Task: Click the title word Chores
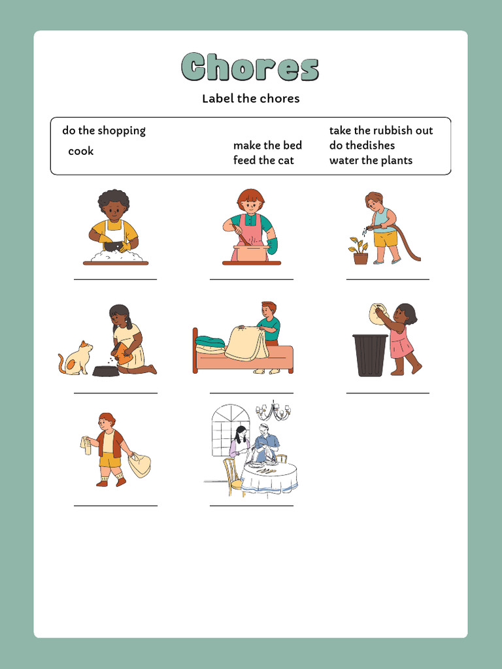coord(250,67)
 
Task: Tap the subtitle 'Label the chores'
coord(250,99)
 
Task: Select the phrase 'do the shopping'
coord(104,131)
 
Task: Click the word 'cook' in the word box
coord(81,151)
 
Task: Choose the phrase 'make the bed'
coord(267,145)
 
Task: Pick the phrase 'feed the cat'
coord(263,160)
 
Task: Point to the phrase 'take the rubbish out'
coord(381,131)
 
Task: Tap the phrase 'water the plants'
coord(371,160)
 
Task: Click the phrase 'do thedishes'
coord(362,145)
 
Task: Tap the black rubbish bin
coord(370,355)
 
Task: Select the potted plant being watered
coord(360,252)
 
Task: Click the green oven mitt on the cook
coord(272,246)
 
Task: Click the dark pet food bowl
coord(106,370)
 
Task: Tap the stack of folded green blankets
coord(210,344)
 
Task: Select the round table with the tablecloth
coord(269,477)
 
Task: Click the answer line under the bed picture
coord(252,393)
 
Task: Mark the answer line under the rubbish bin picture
coord(388,393)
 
